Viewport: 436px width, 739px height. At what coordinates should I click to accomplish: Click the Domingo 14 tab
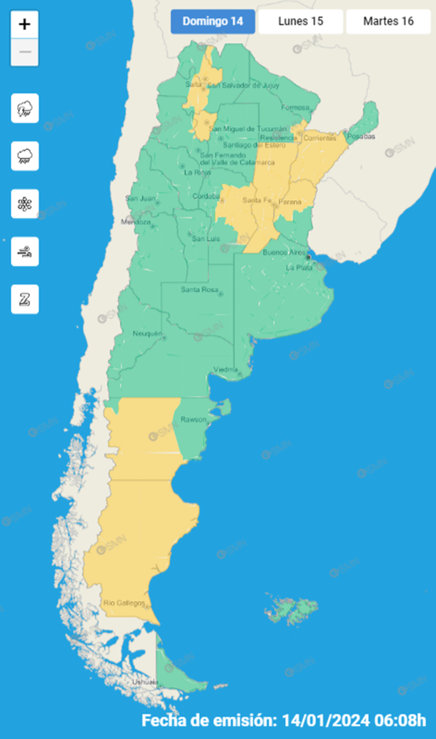click(x=213, y=21)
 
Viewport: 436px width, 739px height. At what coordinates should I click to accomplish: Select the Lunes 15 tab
click(x=300, y=21)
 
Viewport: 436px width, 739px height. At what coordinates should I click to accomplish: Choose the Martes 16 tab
click(x=388, y=21)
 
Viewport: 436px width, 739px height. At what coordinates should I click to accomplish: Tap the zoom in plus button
click(x=25, y=24)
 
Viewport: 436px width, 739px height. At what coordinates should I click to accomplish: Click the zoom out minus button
click(x=25, y=52)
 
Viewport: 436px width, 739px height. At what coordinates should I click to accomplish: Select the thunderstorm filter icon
click(x=25, y=109)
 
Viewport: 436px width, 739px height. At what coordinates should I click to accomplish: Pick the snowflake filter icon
click(x=25, y=204)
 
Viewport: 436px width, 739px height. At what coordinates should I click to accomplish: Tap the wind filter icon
click(x=25, y=252)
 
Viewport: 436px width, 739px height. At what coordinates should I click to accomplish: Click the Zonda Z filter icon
click(x=25, y=299)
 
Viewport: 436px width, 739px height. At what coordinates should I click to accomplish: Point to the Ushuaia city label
click(x=144, y=683)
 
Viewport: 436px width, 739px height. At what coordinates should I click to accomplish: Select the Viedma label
click(x=226, y=369)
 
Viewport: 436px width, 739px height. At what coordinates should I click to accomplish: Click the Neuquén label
click(x=148, y=334)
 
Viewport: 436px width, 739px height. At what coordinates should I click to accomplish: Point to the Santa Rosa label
click(x=199, y=289)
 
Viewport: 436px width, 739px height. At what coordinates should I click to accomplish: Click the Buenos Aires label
click(x=284, y=252)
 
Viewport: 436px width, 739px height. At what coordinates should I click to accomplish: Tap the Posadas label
click(x=361, y=137)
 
